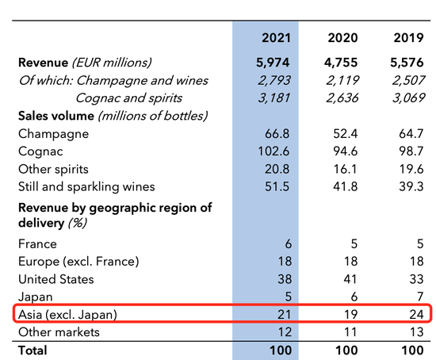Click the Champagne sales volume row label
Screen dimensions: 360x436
52,134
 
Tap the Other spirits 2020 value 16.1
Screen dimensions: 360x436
346,169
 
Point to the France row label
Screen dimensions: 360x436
37,245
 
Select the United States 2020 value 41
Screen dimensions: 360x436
351,279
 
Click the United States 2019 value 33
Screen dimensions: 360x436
416,279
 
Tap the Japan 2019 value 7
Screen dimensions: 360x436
420,297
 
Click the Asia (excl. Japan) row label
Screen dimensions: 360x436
68,314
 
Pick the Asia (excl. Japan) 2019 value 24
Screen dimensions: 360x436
416,314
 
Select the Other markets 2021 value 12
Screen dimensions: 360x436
286,331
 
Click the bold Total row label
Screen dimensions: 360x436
33,350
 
